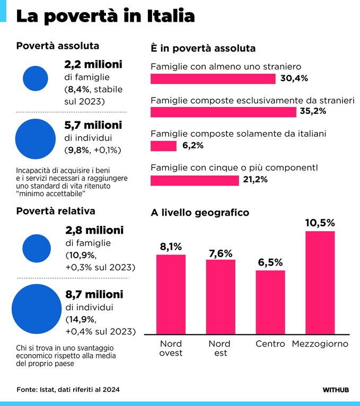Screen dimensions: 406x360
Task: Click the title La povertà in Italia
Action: (x=105, y=16)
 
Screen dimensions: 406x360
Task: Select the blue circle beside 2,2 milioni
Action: (x=36, y=78)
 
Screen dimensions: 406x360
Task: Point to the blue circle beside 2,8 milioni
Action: (x=37, y=249)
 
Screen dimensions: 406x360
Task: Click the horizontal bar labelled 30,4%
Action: (x=213, y=78)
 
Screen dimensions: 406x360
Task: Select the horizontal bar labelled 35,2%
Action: (x=223, y=112)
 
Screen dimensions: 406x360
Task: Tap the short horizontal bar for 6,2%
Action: (x=163, y=146)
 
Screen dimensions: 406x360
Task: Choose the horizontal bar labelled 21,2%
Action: (x=195, y=180)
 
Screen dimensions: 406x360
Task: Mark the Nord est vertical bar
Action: (x=220, y=297)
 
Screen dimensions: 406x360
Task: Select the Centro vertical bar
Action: (x=270, y=302)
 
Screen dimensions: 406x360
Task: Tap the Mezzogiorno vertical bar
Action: (x=320, y=282)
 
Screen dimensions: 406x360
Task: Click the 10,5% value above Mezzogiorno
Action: (x=320, y=223)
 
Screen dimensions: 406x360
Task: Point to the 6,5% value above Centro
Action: (x=270, y=262)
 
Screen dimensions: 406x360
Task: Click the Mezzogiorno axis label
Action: (x=320, y=344)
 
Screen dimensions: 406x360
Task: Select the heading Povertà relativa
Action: (x=56, y=211)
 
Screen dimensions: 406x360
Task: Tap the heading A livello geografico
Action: (x=200, y=213)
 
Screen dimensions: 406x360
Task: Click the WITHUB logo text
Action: (x=335, y=390)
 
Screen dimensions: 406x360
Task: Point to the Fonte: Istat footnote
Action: (x=68, y=390)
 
